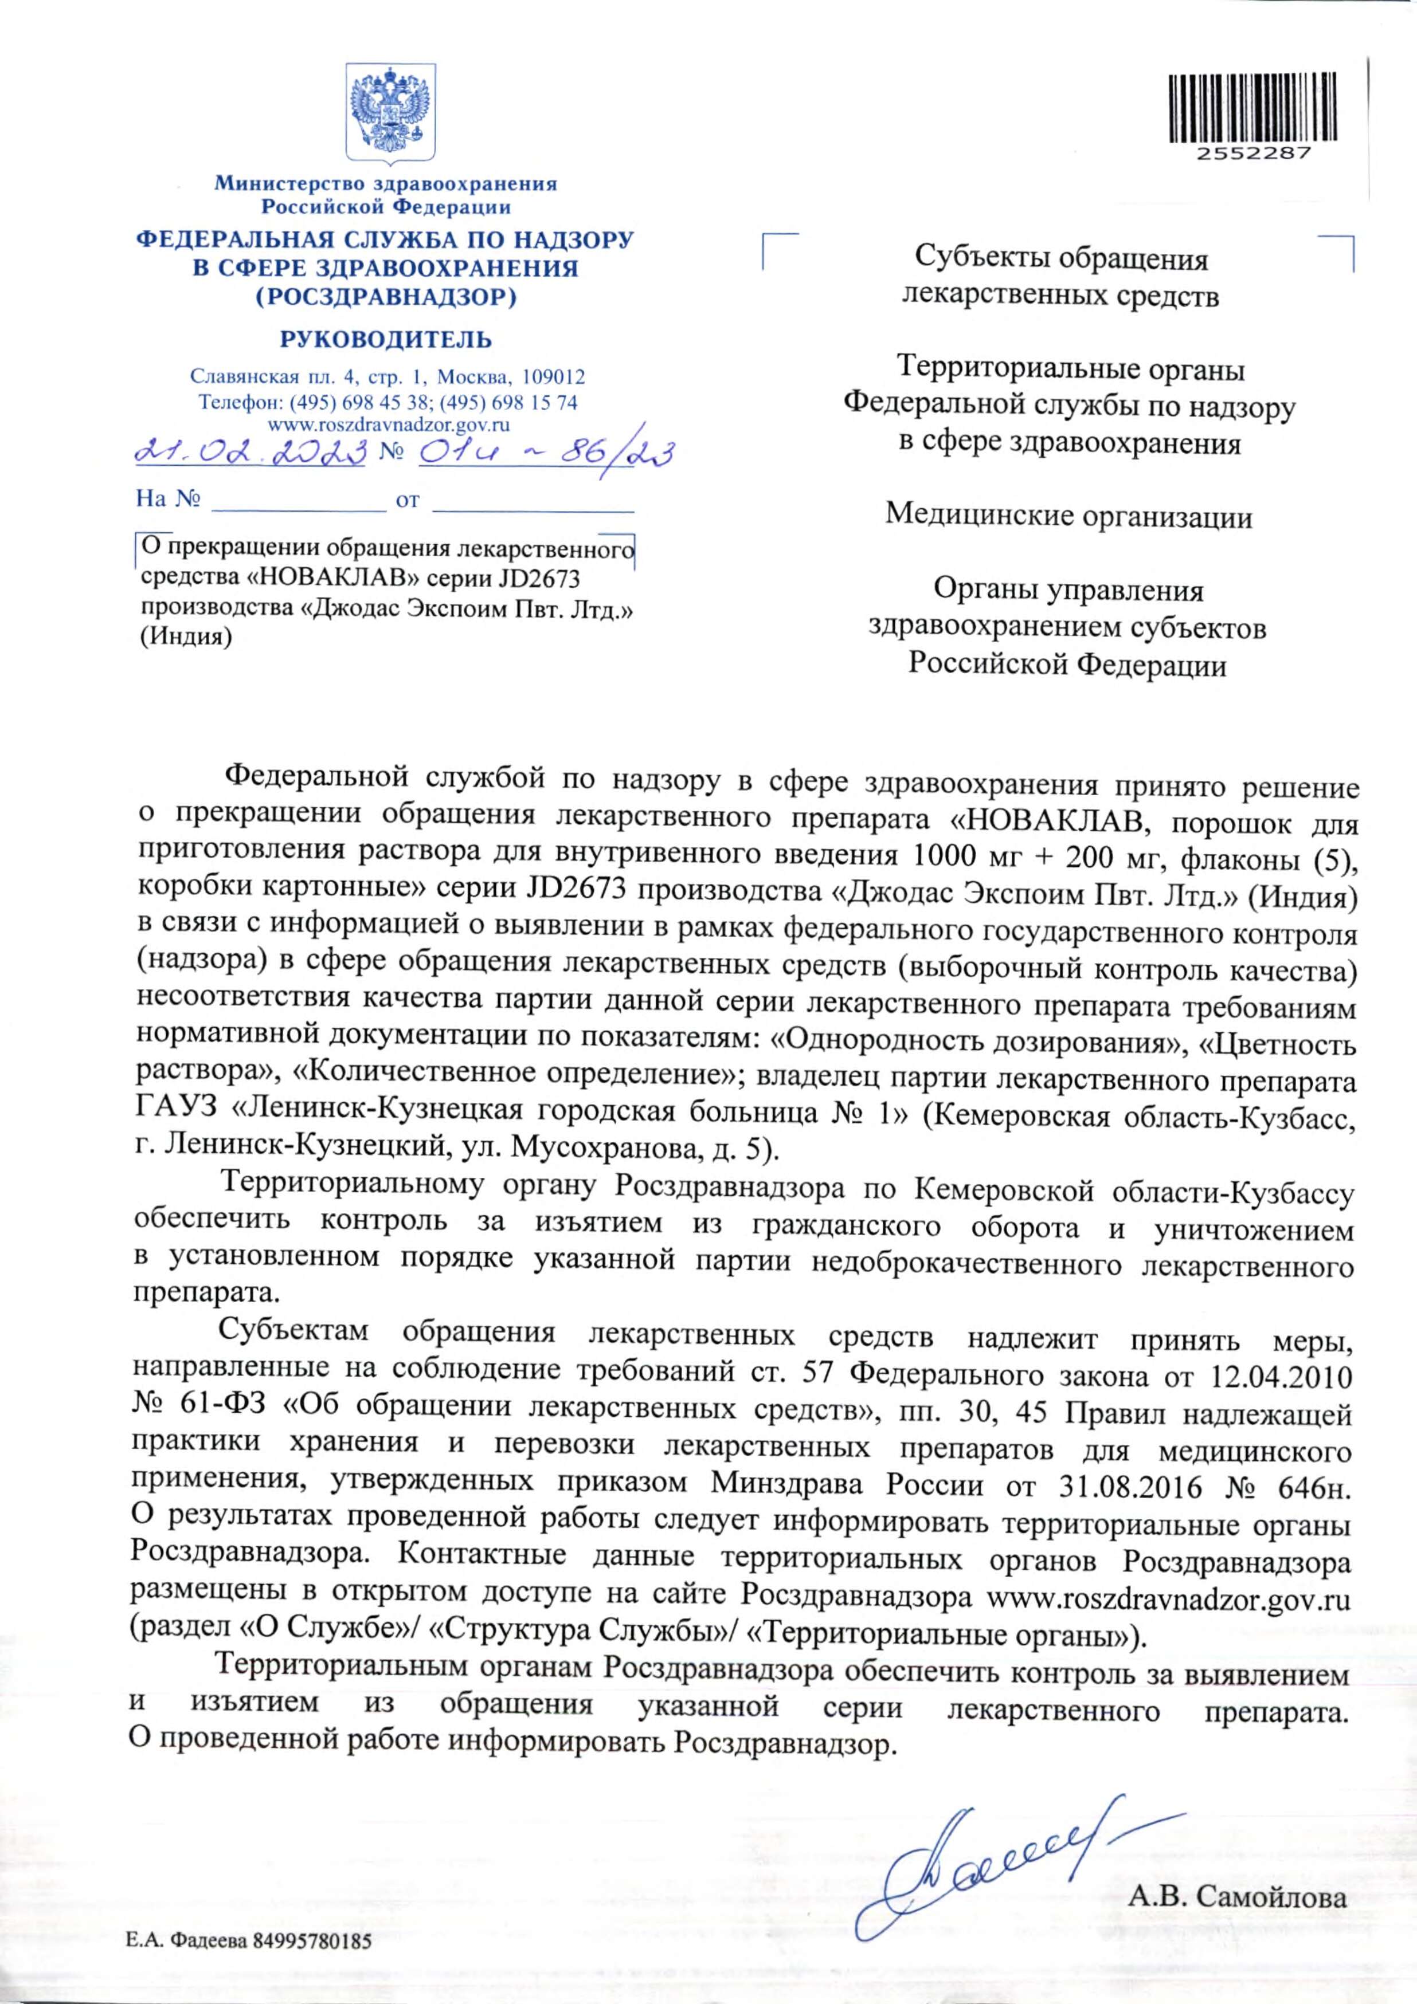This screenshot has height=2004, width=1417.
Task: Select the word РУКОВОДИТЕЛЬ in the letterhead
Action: click(x=385, y=340)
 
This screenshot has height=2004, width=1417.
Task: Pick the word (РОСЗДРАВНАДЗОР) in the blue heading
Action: click(x=385, y=298)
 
